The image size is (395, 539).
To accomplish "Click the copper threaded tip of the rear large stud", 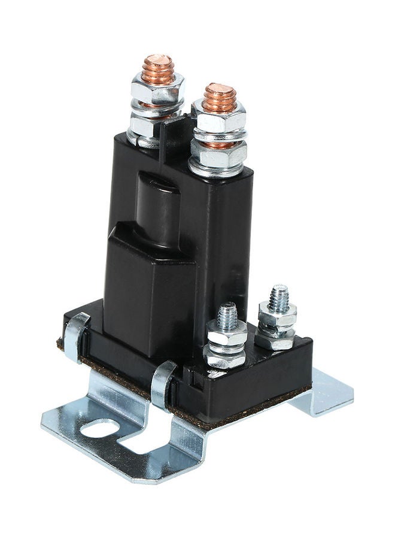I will [157, 68].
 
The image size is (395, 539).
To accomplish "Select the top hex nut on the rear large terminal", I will [157, 90].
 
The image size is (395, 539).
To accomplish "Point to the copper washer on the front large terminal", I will [219, 141].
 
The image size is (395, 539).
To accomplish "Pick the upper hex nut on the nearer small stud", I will [227, 335].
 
